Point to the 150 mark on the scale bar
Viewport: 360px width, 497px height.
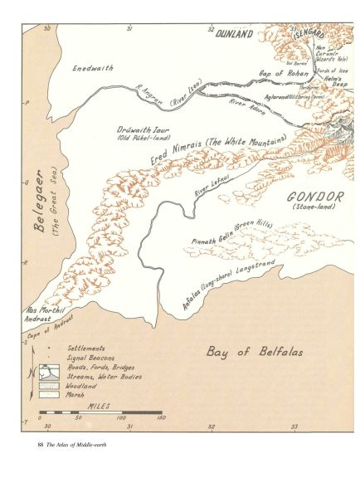[x=159, y=418]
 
